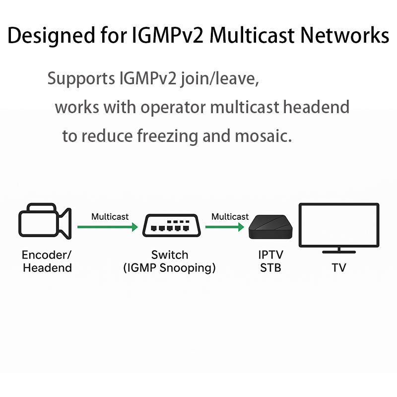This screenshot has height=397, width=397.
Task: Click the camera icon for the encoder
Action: (45, 221)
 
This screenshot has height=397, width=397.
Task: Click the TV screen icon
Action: (338, 225)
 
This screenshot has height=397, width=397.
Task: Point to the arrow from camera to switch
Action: (107, 227)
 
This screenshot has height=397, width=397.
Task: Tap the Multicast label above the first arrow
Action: (110, 217)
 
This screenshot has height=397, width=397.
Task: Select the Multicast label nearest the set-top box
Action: (230, 217)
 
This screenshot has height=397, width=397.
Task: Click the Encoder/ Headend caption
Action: (47, 262)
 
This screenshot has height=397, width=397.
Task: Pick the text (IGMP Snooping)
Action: (170, 268)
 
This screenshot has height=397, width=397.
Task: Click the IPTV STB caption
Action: (270, 262)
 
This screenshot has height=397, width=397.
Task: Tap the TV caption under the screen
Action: (339, 268)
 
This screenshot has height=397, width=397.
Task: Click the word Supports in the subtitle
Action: (80, 79)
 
